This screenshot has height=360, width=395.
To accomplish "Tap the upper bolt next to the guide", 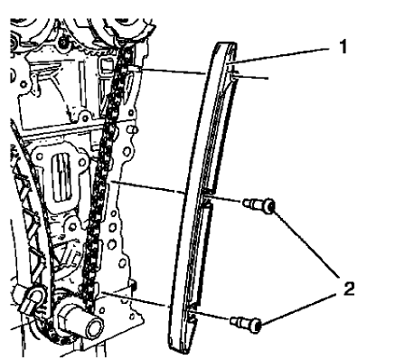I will point(258,206).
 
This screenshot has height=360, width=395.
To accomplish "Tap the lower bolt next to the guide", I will point(246,319).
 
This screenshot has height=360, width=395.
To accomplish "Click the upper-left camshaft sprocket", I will point(41,23).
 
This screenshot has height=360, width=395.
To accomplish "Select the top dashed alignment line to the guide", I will point(172,71).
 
